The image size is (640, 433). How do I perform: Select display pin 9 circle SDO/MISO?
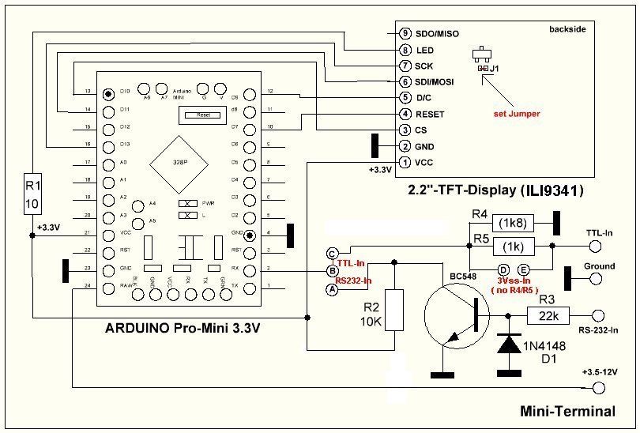point(405,34)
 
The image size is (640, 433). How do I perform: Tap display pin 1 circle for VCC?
point(405,163)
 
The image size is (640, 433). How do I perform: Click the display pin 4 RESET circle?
point(405,114)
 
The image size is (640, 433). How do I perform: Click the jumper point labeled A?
point(331,289)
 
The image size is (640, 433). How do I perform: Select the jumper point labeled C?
point(331,253)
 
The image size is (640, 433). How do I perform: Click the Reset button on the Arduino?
point(202,115)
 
